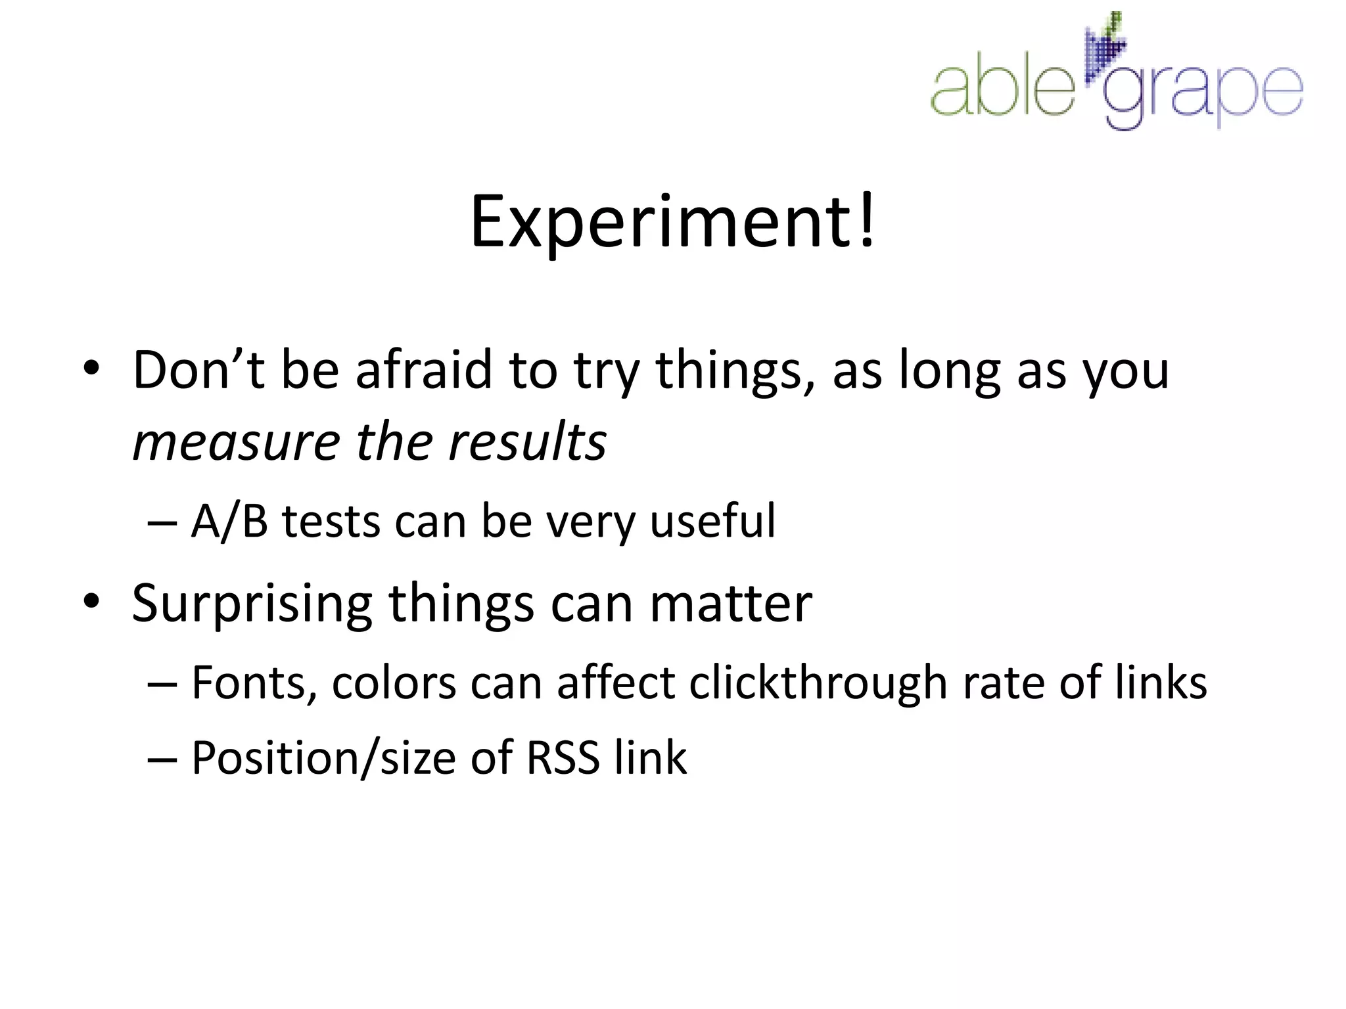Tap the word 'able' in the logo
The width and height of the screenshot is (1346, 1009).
coord(1002,91)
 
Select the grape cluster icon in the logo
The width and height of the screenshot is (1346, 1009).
coord(1105,49)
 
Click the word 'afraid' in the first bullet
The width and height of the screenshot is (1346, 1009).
coord(424,370)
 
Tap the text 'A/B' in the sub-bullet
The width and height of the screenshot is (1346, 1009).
coord(229,522)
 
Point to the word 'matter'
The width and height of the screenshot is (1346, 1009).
coord(730,604)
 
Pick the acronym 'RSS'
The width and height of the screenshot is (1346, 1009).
coord(563,758)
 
